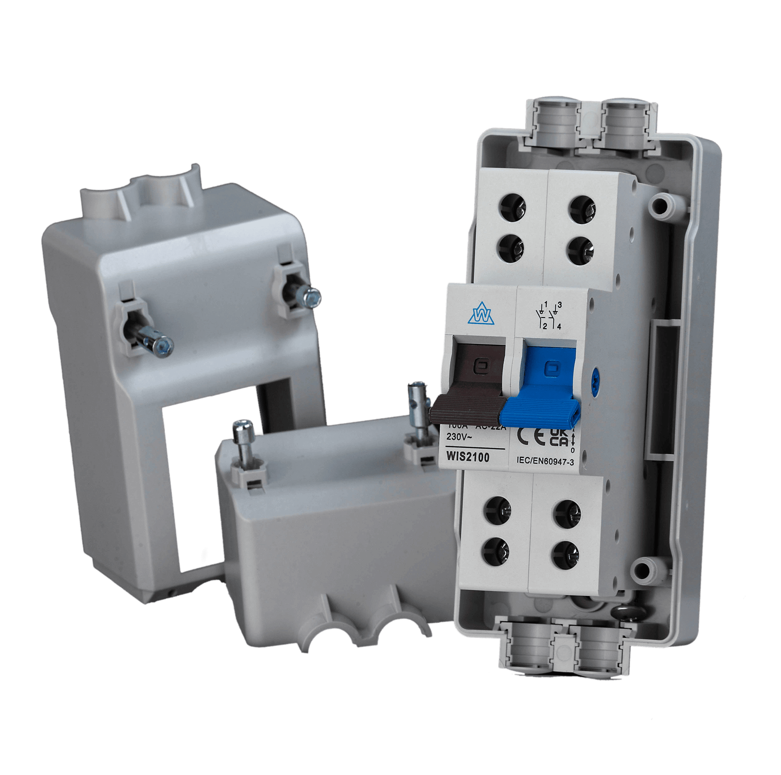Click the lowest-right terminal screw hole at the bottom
(x=565, y=551)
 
